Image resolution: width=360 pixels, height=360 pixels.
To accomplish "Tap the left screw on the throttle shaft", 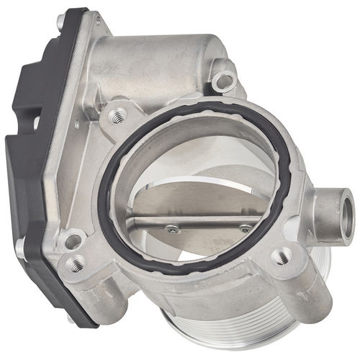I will tap(173, 229).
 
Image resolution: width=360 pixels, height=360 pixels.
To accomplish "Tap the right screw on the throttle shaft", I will tap(246, 229).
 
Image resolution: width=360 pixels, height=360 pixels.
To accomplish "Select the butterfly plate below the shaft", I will tap(209, 241).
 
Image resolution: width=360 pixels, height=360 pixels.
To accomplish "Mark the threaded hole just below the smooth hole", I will tap(74, 264).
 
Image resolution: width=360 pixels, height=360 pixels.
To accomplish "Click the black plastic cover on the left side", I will tap(29, 166).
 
